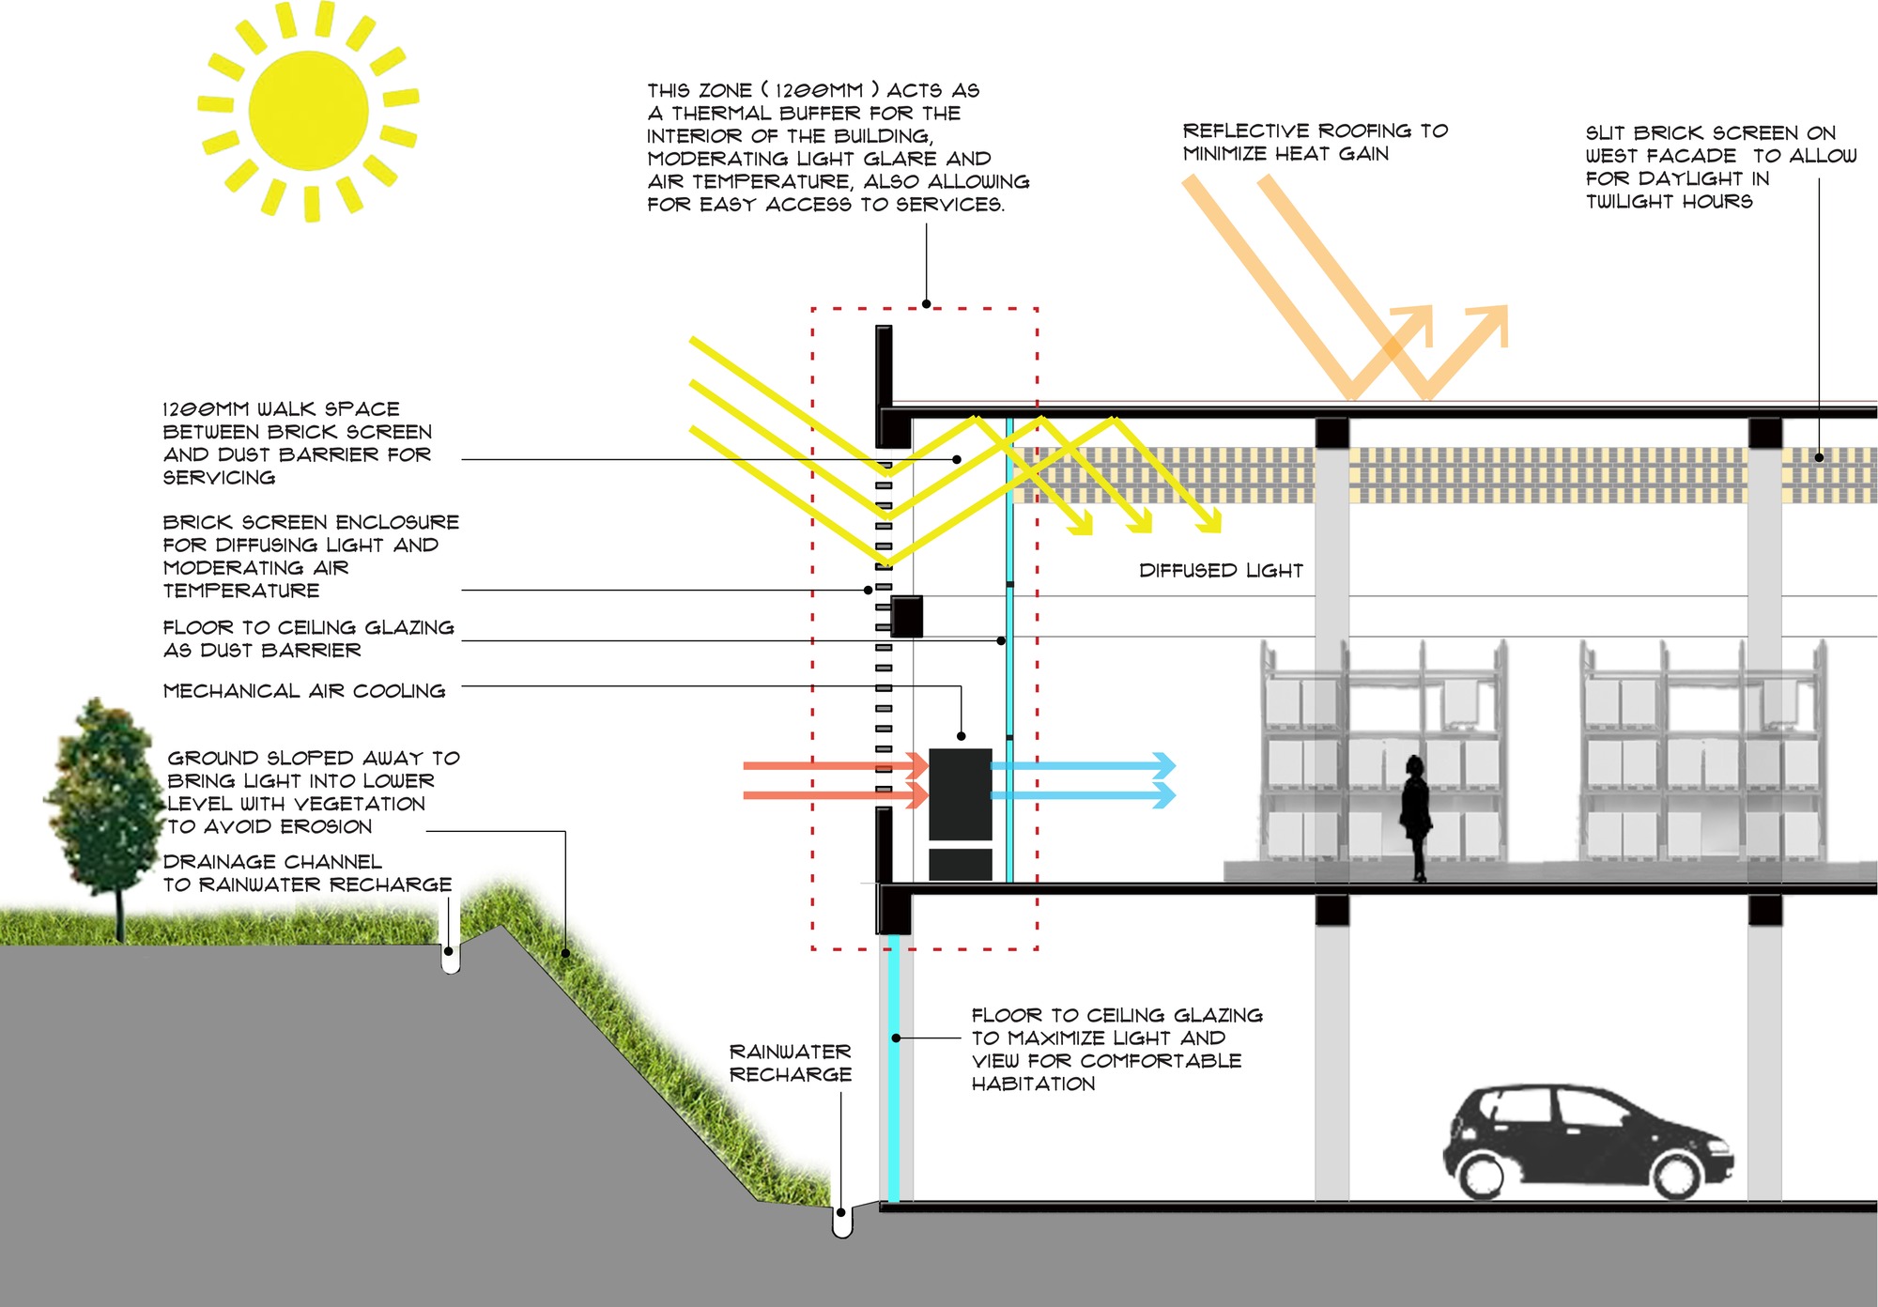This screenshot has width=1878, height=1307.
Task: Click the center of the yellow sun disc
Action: (x=309, y=111)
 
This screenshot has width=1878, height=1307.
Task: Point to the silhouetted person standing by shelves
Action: (x=1415, y=817)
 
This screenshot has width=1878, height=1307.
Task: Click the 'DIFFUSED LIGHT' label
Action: (x=1221, y=571)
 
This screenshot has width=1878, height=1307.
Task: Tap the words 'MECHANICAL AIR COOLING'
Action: (x=304, y=691)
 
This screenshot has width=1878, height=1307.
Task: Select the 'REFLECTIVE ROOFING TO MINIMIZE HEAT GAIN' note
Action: (x=1315, y=142)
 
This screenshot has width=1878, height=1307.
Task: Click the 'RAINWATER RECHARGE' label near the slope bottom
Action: (x=790, y=1063)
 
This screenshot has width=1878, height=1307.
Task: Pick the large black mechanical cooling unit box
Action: (x=960, y=793)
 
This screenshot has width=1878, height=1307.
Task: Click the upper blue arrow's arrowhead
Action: (x=1164, y=765)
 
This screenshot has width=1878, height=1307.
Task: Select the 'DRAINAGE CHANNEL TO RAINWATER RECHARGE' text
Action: (x=307, y=873)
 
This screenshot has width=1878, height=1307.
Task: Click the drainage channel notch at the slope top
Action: (x=450, y=958)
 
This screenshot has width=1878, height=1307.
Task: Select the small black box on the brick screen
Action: (x=906, y=617)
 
